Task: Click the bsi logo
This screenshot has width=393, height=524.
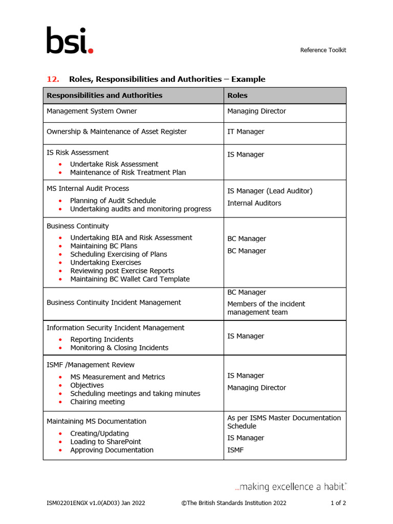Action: point(70,40)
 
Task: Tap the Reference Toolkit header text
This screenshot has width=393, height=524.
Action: point(323,50)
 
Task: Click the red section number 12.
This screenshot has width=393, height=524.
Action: point(53,79)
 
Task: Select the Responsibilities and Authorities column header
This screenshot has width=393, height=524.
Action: point(104,95)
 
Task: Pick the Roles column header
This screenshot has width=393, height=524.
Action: point(237,95)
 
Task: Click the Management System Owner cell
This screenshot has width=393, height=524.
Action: point(92,111)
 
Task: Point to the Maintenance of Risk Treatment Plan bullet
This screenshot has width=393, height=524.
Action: point(128,172)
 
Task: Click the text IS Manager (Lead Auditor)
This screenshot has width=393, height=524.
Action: point(270,191)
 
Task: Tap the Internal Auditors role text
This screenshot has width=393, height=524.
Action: point(254,203)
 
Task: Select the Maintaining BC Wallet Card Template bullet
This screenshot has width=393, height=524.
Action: point(130,279)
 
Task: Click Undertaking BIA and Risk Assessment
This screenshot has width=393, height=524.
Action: point(131,238)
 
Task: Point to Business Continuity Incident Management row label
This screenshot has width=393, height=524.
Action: point(114,302)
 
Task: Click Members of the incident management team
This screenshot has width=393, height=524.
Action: point(266,308)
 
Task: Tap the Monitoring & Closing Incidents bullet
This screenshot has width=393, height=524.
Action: point(119,348)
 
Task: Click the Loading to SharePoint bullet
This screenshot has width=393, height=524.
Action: point(105,442)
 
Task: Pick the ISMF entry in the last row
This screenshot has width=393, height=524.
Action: point(235,450)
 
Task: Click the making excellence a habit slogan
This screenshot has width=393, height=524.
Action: point(290,487)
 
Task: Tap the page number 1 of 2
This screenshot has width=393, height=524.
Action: point(338,503)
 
